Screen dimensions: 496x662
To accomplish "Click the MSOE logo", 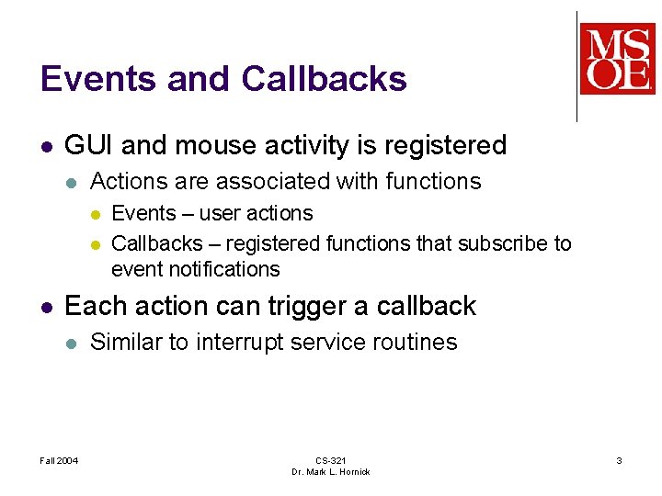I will point(617,60).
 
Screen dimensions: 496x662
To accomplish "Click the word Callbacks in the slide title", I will point(324,79).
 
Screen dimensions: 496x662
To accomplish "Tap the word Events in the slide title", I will point(89,79).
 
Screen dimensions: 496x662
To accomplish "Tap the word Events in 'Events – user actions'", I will point(143,213).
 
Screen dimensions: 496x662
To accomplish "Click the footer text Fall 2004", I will point(59,460).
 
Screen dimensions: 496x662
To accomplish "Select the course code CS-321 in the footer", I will point(330,460).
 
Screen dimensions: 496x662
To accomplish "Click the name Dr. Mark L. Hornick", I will point(330,472).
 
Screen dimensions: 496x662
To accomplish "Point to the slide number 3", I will point(619,460).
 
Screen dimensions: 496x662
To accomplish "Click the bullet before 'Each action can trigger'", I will point(47,307).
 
